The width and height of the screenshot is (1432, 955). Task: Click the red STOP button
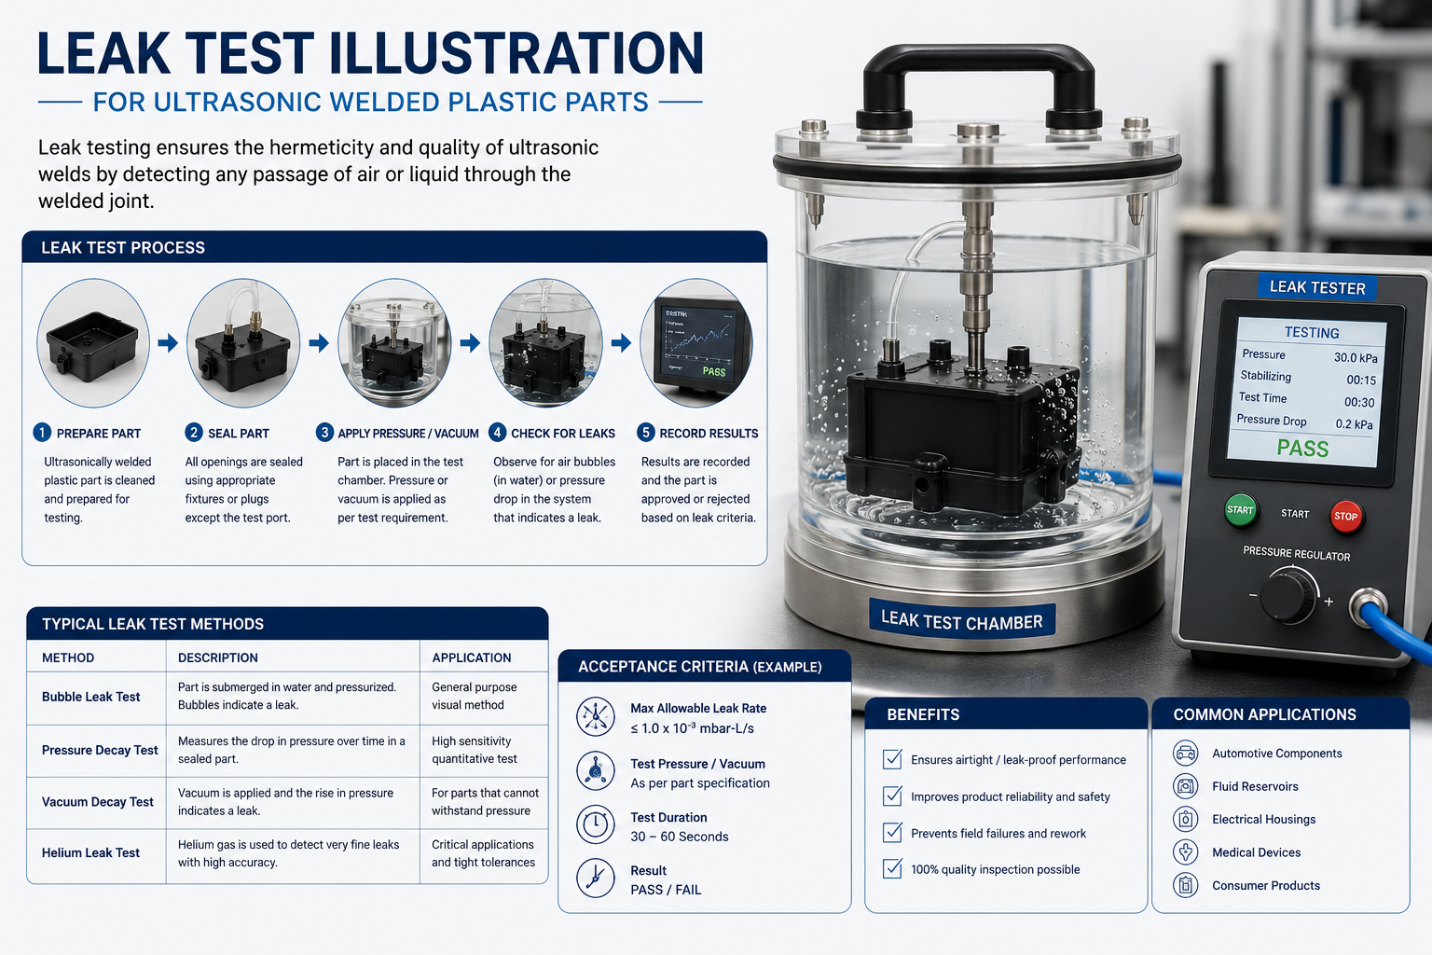pos(1345,516)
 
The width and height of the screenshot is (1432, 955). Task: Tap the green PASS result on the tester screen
pos(1302,449)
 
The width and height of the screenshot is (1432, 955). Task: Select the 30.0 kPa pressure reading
pos(1356,357)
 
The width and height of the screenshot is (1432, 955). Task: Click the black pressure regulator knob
pos(1287,597)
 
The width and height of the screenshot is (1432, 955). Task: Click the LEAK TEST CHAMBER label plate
pos(961,621)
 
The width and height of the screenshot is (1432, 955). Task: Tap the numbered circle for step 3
pos(324,433)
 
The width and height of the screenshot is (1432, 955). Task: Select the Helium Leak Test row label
pos(90,852)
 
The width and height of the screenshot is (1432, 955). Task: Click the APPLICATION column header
pos(471,657)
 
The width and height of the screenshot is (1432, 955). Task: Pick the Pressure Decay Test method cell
pos(100,751)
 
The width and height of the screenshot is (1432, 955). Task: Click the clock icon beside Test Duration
pos(595,824)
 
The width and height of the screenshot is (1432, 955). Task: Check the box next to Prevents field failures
pos(892,832)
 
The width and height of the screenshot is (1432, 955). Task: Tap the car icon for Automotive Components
pos(1185,753)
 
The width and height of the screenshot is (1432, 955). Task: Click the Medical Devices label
pos(1256,852)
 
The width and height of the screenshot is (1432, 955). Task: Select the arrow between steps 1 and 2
pos(168,343)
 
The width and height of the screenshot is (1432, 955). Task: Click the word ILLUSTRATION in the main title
pos(516,53)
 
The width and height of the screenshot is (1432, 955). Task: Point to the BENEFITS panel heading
pos(923,714)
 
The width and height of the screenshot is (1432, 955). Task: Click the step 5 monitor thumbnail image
pos(696,343)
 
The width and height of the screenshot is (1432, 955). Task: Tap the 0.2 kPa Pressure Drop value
pos(1354,424)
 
